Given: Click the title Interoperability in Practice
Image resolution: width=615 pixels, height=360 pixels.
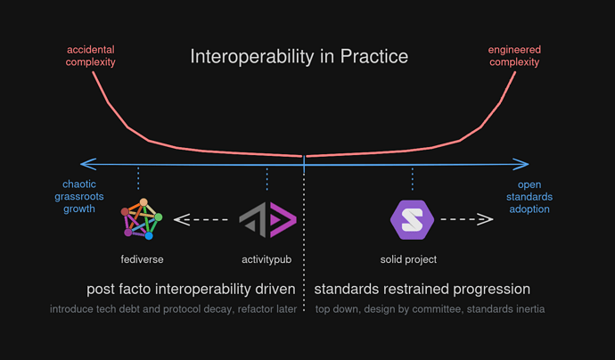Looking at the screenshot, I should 299,57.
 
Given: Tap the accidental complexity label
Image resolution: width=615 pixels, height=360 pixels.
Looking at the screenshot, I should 92,57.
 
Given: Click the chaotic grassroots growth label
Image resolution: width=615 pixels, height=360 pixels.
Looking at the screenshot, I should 73,197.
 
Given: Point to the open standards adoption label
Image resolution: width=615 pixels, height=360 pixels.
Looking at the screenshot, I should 535,197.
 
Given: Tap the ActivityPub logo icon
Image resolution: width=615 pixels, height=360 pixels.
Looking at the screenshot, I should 267,219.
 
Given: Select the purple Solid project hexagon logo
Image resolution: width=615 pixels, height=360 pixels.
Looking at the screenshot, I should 412,219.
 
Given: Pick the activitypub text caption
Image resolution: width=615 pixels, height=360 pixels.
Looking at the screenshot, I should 267,260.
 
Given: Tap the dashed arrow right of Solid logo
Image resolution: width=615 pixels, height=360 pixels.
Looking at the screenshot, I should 467,219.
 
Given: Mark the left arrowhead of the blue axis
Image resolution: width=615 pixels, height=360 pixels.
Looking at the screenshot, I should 85,164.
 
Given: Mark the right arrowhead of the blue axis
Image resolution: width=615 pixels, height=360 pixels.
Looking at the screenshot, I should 524,164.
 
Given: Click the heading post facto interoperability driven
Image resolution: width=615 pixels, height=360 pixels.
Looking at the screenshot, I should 191,290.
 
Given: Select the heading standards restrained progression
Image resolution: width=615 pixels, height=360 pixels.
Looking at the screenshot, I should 422,290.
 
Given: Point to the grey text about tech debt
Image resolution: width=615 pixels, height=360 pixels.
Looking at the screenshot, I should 172,309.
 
